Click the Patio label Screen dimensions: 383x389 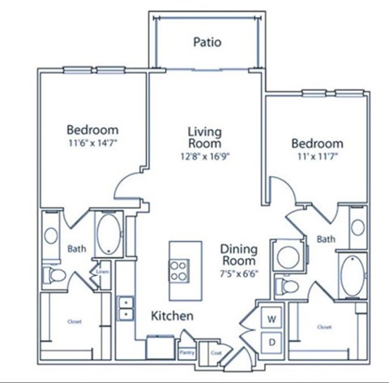click(207, 41)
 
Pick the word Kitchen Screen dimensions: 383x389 click(171, 314)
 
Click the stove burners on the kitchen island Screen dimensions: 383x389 click(180, 269)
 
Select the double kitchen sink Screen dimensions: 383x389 click(126, 308)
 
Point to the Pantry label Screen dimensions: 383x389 click(187, 353)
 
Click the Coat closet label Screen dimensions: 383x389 click(215, 353)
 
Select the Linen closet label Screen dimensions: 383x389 click(104, 272)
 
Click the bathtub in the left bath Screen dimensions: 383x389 click(107, 235)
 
